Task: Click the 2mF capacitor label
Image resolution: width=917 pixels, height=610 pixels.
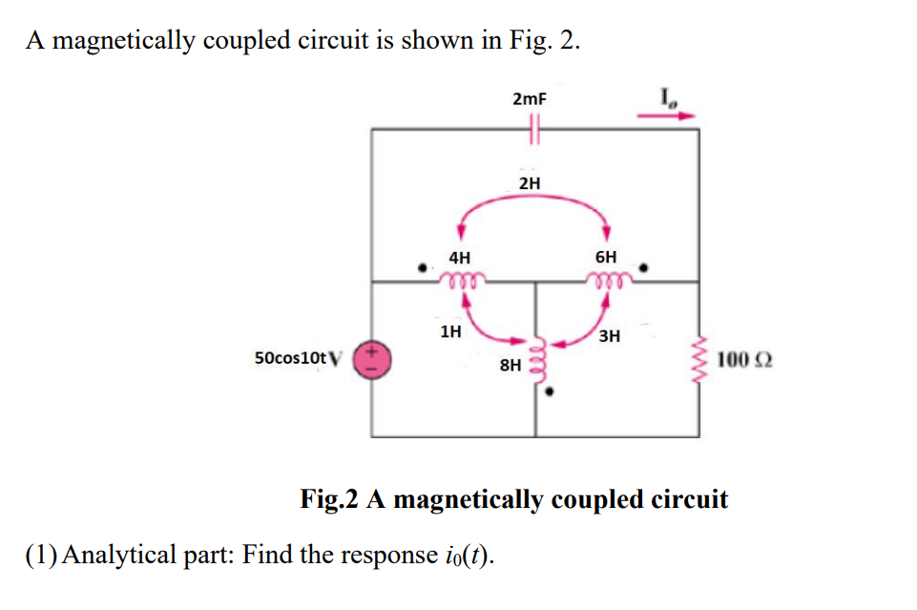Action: [530, 99]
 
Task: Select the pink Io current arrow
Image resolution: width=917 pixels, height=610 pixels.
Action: [666, 116]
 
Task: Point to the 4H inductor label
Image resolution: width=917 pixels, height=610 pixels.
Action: [459, 257]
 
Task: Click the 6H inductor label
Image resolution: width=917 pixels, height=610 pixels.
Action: [606, 257]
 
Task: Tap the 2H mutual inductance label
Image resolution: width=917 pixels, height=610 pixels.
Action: [530, 182]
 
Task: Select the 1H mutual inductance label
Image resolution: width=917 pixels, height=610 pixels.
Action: [450, 332]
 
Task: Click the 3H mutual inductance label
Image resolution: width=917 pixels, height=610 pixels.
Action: [610, 335]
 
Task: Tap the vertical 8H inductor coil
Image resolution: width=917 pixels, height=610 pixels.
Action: [536, 361]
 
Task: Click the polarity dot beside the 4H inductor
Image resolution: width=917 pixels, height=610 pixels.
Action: [424, 268]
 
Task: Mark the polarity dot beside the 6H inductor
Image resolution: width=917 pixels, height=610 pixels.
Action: [646, 268]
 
